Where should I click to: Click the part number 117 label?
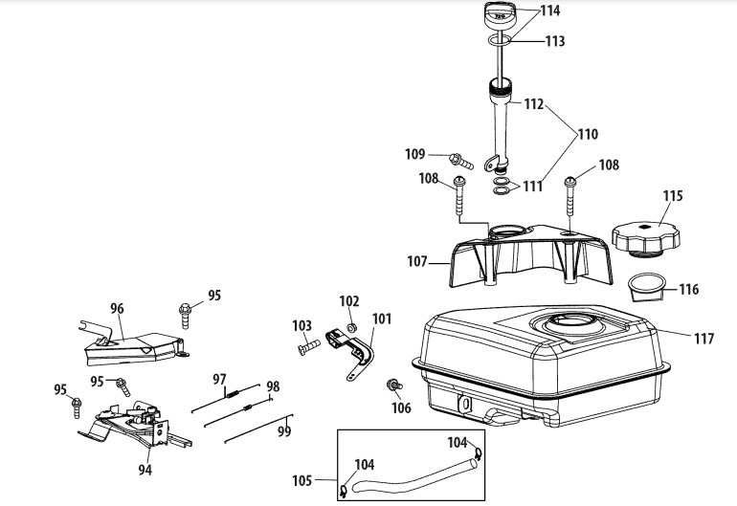point(704,339)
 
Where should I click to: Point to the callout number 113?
point(554,41)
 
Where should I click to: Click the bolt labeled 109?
point(461,161)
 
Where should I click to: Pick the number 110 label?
point(588,134)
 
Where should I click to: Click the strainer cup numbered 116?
point(648,287)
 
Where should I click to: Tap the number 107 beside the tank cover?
point(417,261)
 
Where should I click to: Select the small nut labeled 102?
point(351,327)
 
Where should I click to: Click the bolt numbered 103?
point(308,346)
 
